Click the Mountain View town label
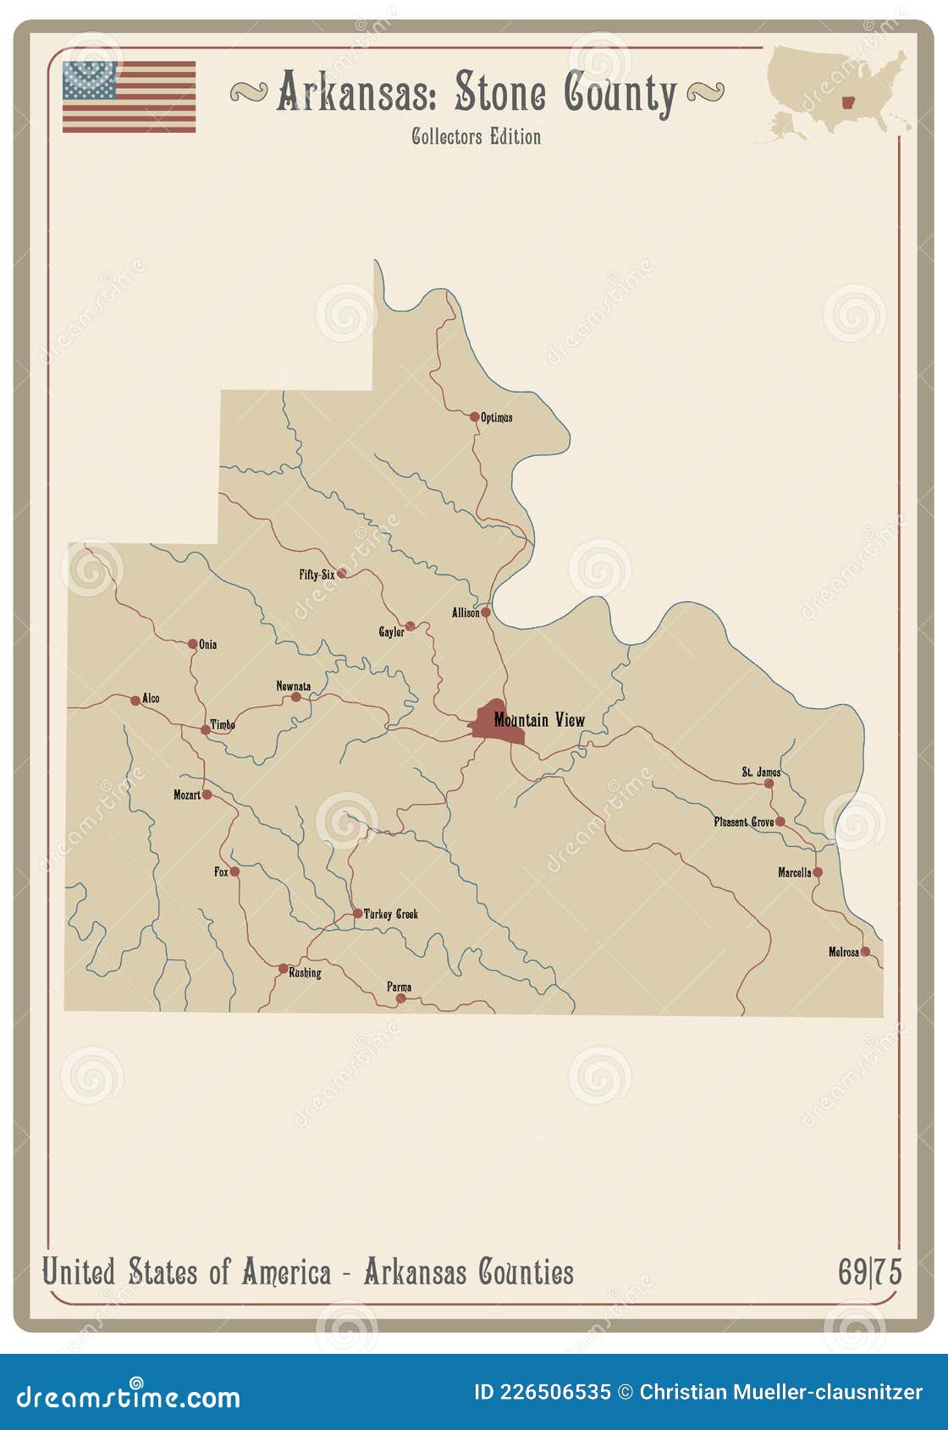[539, 720]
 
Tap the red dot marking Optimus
[475, 416]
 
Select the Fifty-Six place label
[317, 575]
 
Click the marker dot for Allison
[486, 612]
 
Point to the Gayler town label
[391, 632]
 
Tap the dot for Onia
[193, 644]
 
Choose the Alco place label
[151, 698]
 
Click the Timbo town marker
[205, 729]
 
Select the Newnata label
[293, 686]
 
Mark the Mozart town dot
[207, 795]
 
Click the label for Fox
[221, 872]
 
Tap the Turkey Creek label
[390, 914]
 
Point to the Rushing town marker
[284, 968]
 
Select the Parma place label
[400, 987]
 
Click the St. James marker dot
[769, 784]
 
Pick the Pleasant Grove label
[743, 822]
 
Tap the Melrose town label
[843, 952]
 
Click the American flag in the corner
[129, 96]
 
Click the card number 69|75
[869, 1272]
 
